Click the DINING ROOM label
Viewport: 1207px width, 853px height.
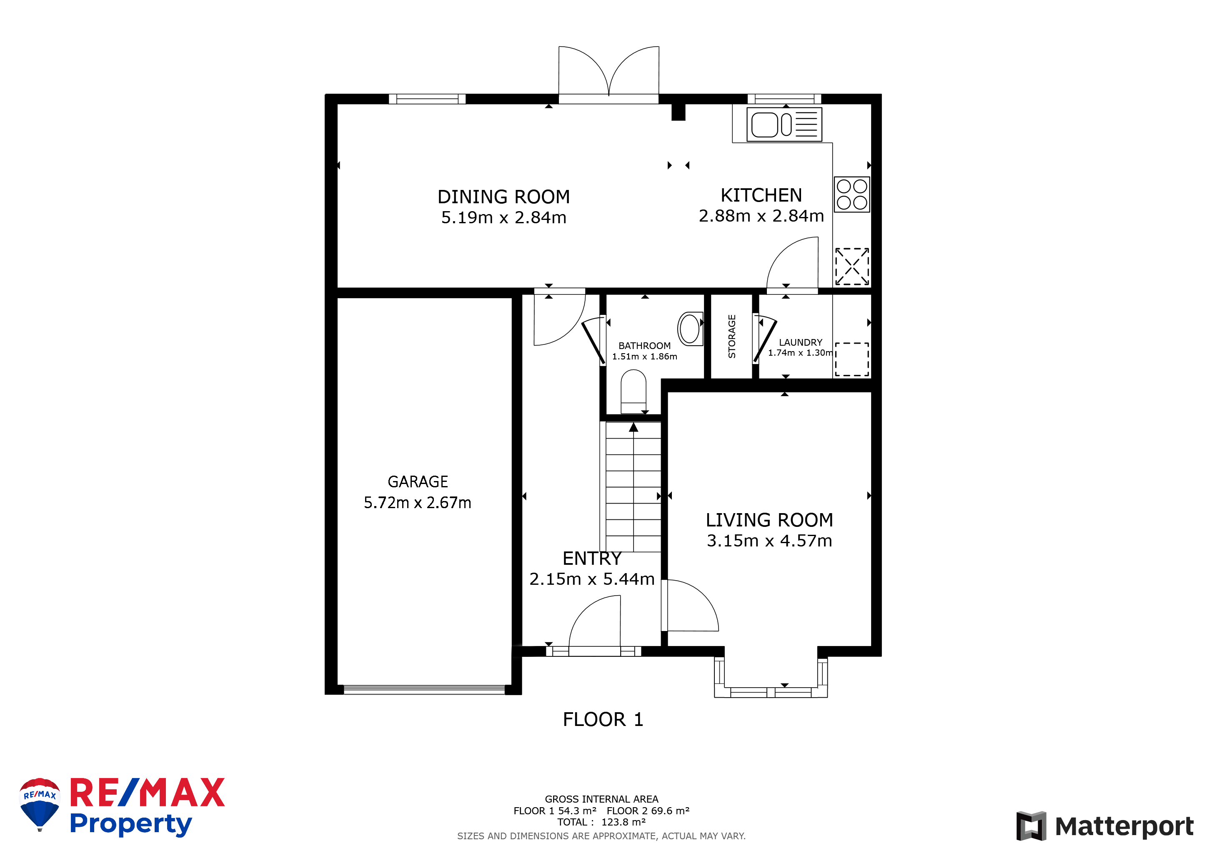(503, 197)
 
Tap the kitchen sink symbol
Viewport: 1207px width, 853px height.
(784, 125)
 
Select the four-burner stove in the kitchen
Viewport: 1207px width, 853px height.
(851, 195)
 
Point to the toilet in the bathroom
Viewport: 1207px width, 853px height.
(634, 392)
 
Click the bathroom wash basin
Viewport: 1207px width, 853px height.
(690, 328)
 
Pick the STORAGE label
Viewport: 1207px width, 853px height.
(732, 336)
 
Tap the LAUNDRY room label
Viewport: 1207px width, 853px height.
(800, 342)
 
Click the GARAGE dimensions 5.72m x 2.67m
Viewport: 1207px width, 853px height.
(417, 503)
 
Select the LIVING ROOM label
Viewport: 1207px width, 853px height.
(769, 520)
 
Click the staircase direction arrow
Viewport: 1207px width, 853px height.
(634, 428)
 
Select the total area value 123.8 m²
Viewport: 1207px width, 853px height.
(624, 822)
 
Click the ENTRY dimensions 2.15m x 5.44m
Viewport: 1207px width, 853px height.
(592, 579)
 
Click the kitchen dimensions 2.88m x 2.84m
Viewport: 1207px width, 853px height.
(761, 216)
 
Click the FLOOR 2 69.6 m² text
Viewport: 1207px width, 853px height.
(648, 811)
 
